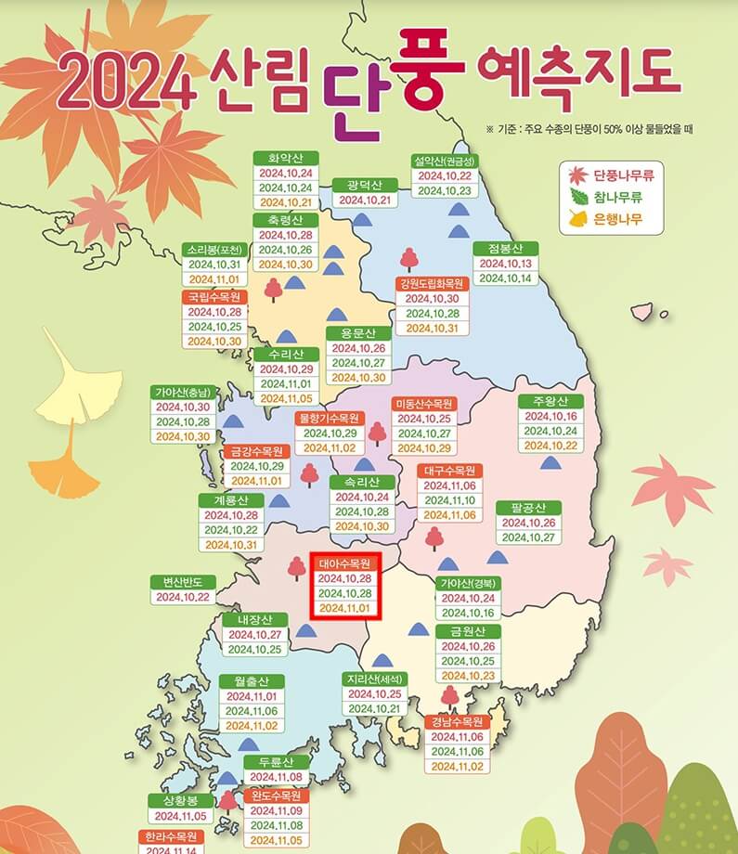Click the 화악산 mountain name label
pyautogui.click(x=286, y=158)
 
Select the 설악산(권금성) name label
pyautogui.click(x=445, y=160)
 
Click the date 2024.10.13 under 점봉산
pyautogui.click(x=506, y=263)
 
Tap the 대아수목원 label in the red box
pyautogui.click(x=344, y=563)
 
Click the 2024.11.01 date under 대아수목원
pyautogui.click(x=344, y=608)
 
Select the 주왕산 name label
pyautogui.click(x=550, y=401)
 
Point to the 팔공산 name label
pyautogui.click(x=528, y=507)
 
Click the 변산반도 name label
pyautogui.click(x=183, y=582)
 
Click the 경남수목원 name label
pyautogui.click(x=457, y=721)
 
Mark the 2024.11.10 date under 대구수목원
pyautogui.click(x=450, y=500)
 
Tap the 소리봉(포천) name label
pyautogui.click(x=214, y=250)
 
